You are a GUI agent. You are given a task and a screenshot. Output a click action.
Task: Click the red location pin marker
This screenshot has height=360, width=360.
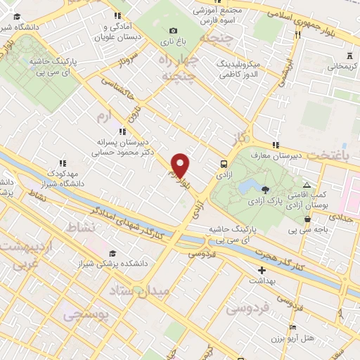coord(181,165)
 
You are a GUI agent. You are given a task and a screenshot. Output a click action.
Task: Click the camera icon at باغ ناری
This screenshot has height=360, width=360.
coord(173,30)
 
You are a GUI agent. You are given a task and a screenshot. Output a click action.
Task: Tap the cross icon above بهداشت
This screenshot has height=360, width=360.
coord(262,269)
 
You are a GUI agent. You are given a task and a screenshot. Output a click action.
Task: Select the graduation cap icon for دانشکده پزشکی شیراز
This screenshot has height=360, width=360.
coord(111,253)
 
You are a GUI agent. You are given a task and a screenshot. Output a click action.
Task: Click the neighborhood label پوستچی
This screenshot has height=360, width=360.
coord(88,316)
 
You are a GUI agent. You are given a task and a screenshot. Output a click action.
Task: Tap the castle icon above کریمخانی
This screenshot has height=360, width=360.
coord(349,56)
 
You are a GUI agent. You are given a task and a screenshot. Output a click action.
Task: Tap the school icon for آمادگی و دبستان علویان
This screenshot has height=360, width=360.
coord(116,15)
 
